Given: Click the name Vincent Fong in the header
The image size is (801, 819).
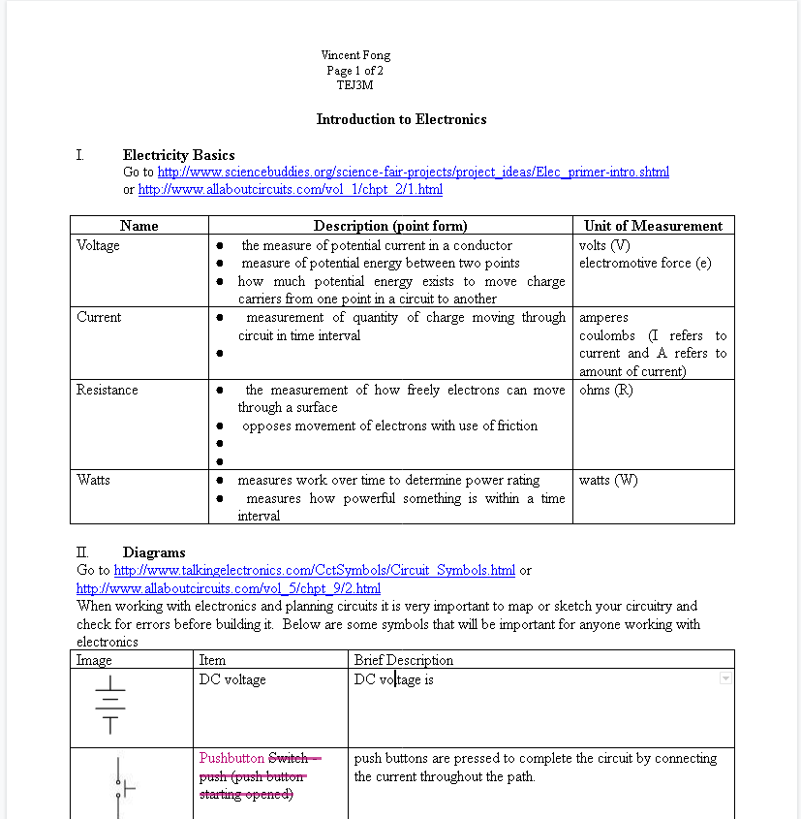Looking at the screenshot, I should (x=355, y=55).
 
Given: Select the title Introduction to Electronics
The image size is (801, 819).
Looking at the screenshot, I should (x=401, y=119).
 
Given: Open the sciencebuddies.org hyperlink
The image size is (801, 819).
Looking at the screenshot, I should (x=413, y=173).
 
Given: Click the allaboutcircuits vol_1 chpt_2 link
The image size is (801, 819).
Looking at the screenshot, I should (x=290, y=190).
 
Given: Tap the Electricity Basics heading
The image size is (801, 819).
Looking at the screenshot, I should (x=178, y=155).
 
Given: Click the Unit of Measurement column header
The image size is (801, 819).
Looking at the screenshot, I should (x=653, y=226).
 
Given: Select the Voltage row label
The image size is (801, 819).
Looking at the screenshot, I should (x=98, y=246).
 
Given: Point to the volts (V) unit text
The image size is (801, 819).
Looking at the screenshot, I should (x=604, y=246).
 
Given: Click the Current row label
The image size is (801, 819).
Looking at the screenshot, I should (x=99, y=318).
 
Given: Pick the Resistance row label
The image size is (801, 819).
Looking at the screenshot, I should (x=107, y=390).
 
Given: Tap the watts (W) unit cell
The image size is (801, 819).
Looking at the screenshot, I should (x=608, y=480).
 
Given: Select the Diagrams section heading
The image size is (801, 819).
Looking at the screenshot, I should (x=154, y=552).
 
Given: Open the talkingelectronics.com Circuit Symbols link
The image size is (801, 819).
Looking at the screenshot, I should (x=314, y=570).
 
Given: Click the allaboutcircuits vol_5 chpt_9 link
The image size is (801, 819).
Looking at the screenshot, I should (x=228, y=588).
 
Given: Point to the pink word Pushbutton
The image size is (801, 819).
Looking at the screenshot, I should (x=231, y=758).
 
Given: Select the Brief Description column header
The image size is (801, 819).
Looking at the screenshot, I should (x=403, y=660).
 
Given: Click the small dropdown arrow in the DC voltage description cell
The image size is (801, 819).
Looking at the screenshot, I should (x=725, y=679).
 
